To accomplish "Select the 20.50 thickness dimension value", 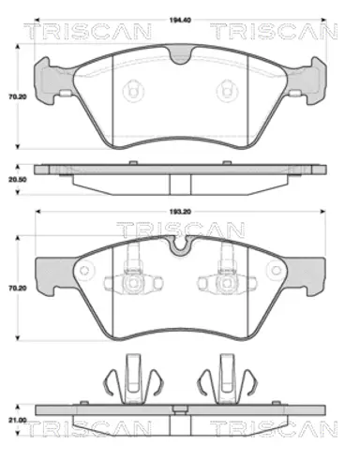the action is [x=18, y=180].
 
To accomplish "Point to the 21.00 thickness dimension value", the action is [x=18, y=421].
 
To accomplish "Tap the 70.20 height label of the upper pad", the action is [x=18, y=96].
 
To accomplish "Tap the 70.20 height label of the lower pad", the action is [x=18, y=288].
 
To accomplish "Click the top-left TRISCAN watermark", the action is [x=88, y=31].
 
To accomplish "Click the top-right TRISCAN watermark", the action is [x=274, y=31].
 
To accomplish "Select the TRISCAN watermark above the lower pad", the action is [x=181, y=230].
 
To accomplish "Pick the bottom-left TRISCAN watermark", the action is [x=88, y=428].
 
